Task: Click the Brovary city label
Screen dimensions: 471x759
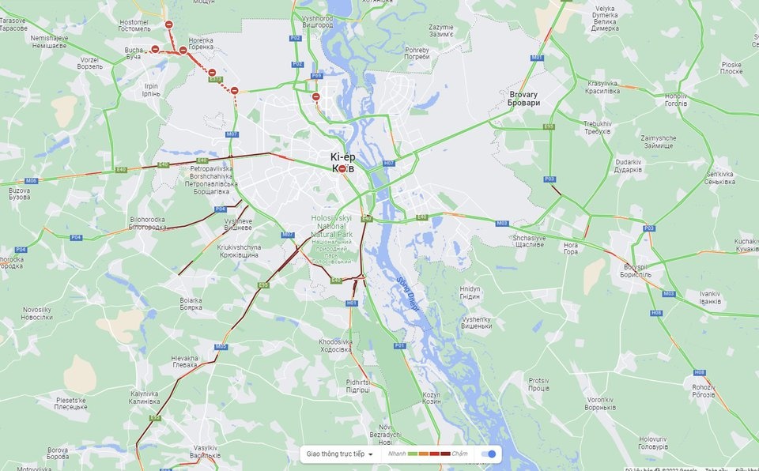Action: pyautogui.click(x=524, y=98)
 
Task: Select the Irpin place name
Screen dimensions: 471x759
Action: pyautogui.click(x=150, y=89)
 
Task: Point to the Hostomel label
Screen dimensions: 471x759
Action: pyautogui.click(x=133, y=25)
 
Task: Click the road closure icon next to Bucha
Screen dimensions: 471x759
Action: pyautogui.click(x=155, y=49)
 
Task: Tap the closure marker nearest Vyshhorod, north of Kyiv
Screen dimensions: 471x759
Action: pyautogui.click(x=315, y=97)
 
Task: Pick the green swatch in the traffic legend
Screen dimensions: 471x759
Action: pyautogui.click(x=412, y=454)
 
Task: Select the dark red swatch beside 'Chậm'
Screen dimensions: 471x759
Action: pyautogui.click(x=445, y=454)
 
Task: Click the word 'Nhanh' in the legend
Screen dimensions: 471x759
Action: pyautogui.click(x=397, y=454)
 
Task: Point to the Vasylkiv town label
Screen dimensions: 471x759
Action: pyautogui.click(x=205, y=451)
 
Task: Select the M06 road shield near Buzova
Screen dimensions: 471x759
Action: pyautogui.click(x=31, y=181)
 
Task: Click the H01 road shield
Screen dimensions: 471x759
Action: pyautogui.click(x=352, y=303)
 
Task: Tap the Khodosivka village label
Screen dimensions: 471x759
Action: pyautogui.click(x=335, y=345)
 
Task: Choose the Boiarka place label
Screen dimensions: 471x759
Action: pyautogui.click(x=191, y=303)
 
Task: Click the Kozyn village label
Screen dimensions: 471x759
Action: pyautogui.click(x=431, y=398)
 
